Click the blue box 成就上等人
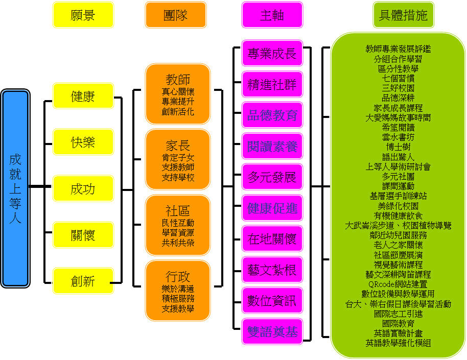pos(15,188)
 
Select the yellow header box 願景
pos(83,15)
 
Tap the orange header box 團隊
pos(175,15)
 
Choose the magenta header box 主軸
pos(272,15)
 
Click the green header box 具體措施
pos(403,15)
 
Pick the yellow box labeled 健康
pos(83,96)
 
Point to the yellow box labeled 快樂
pos(83,142)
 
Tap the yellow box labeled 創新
pos(83,280)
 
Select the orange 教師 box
pos(178,94)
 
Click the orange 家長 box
pos(178,159)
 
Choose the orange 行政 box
pos(178,291)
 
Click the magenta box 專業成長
pos(272,54)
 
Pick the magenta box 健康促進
pos(272,208)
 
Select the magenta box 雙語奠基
pos(272,331)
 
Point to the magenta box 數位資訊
pos(272,300)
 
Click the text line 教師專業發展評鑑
pos(398,49)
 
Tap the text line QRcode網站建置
pos(398,284)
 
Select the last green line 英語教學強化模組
pos(398,343)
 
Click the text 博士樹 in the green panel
pos(398,147)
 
